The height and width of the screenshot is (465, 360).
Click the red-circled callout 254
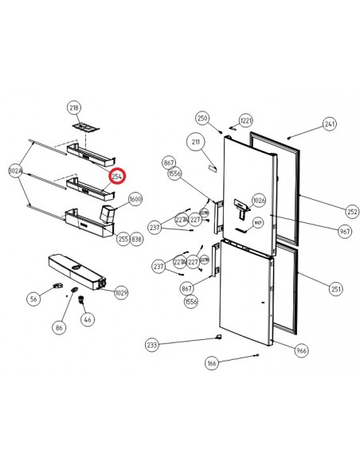118,176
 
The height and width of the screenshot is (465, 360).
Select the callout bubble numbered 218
74,107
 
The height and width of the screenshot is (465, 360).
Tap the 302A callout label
14,170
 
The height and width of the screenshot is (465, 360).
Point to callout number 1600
135,199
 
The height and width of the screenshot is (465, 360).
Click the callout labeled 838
137,238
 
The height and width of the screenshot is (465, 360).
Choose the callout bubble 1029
121,293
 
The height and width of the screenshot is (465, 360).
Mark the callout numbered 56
33,299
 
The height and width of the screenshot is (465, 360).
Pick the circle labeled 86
59,326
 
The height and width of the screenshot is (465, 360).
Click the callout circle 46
88,319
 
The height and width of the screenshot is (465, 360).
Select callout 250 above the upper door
202,118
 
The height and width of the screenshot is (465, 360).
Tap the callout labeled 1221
246,120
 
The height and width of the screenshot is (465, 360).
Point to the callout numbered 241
330,124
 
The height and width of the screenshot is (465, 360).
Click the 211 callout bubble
194,143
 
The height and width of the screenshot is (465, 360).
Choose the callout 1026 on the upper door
258,200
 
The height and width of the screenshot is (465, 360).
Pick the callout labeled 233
152,345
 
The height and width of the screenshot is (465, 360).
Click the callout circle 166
211,363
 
